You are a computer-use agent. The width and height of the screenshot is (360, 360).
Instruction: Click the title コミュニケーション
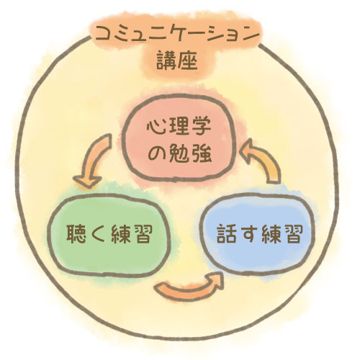coord(178,35)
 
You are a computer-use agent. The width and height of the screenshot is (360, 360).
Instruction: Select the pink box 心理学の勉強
coord(179,138)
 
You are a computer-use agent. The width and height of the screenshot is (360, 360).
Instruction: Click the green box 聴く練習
coord(109,235)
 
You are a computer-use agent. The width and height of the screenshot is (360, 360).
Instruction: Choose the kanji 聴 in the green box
coord(76,234)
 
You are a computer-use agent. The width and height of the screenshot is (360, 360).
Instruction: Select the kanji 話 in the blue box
coord(227,233)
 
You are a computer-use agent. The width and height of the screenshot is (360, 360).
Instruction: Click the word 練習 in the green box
coord(132,234)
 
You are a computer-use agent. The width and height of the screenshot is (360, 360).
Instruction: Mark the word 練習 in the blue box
coord(282,234)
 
